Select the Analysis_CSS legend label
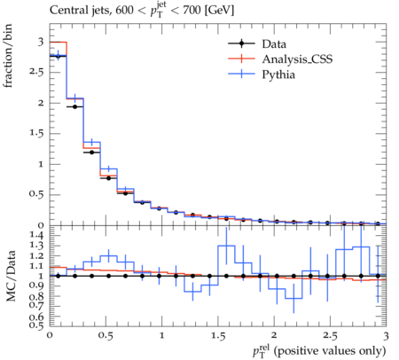[297, 59]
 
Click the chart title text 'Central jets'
[80, 11]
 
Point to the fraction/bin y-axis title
[7, 56]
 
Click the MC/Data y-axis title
[11, 276]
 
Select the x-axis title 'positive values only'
[330, 351]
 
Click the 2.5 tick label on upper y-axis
[36, 73]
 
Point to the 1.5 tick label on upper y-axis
[36, 133]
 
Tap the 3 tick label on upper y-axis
[41, 42]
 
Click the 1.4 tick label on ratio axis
[36, 235]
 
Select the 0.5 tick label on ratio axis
[36, 325]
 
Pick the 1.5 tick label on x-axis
[218, 336]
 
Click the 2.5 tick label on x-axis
[330, 336]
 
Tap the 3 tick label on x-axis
[386, 336]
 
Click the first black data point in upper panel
[58, 56]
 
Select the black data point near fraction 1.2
[91, 153]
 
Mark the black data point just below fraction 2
[74, 106]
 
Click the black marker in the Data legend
[241, 43]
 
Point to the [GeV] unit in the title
[219, 11]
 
